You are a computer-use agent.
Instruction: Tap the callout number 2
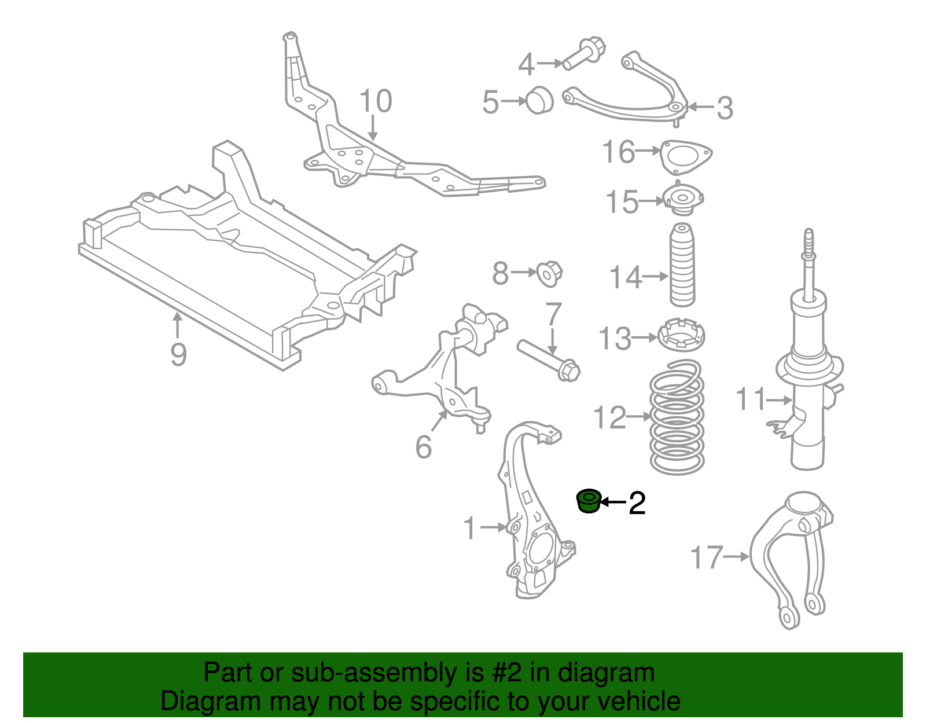click(637, 503)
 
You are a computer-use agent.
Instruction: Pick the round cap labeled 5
click(539, 101)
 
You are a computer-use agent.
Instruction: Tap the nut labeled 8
click(549, 273)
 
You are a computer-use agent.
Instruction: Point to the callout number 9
click(178, 354)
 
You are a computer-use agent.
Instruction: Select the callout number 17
click(707, 557)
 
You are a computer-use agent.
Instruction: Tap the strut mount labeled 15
click(683, 200)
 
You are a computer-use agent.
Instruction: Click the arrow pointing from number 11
click(778, 399)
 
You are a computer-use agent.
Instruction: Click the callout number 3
click(725, 108)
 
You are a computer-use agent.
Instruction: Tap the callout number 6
click(424, 447)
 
